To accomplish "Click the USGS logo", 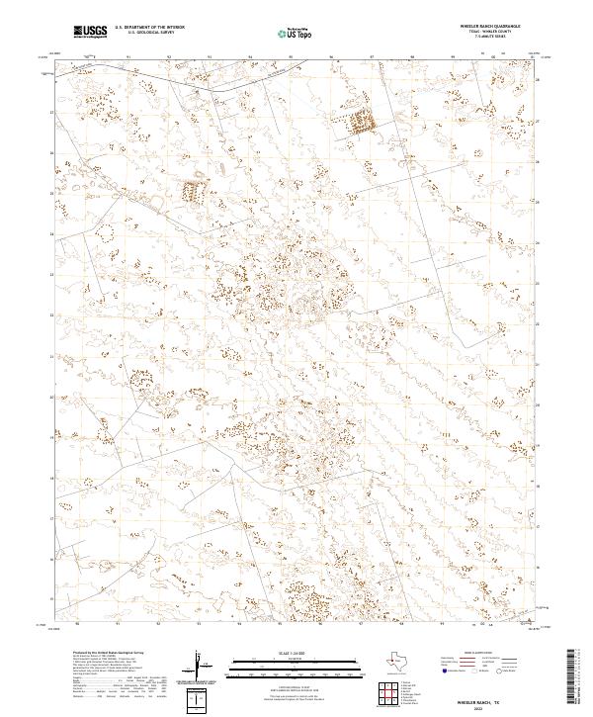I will pos(90,31).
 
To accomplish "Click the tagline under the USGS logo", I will pos(90,38).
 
